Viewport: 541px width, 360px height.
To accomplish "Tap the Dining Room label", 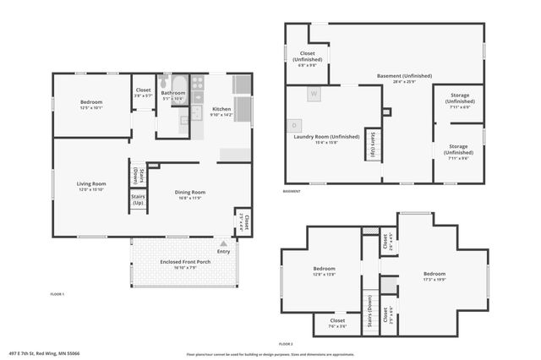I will click(x=190, y=192).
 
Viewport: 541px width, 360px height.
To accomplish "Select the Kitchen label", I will click(x=220, y=109).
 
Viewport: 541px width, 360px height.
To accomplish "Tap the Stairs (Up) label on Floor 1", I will click(x=137, y=200).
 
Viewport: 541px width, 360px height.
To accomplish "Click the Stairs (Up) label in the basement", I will click(x=370, y=145).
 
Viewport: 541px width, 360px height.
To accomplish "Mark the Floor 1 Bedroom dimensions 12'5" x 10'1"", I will click(x=90, y=108).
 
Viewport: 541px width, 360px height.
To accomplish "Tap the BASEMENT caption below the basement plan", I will click(x=292, y=191).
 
